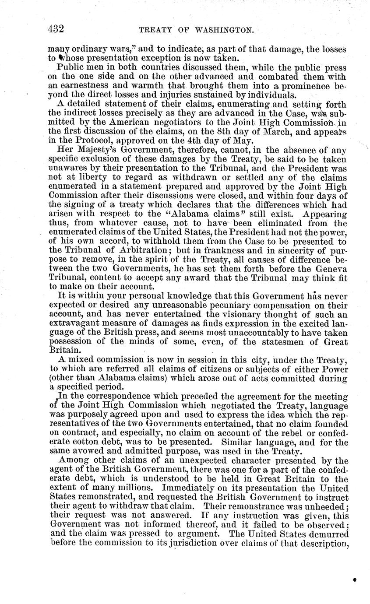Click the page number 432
click(x=56, y=29)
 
